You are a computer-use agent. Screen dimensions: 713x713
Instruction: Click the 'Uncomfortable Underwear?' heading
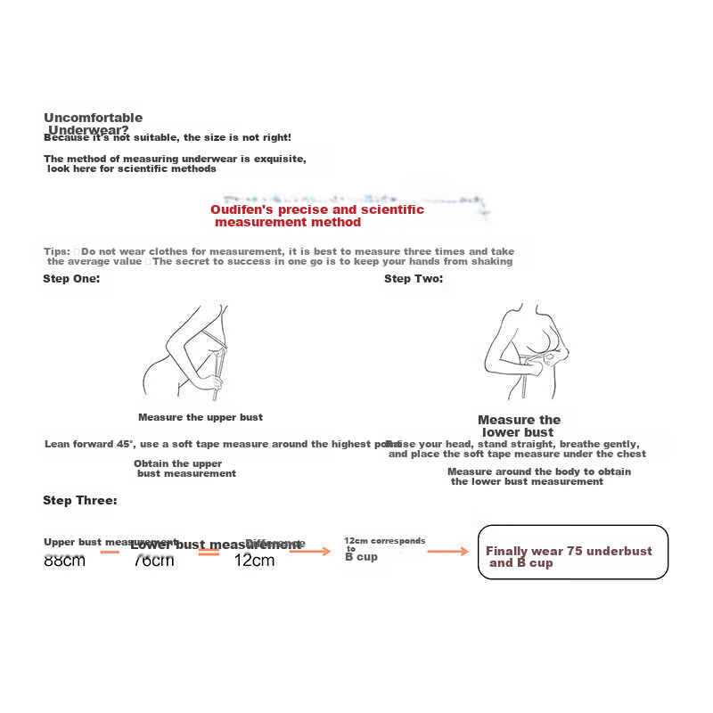(92, 123)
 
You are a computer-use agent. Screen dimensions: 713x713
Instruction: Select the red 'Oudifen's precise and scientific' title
(316, 210)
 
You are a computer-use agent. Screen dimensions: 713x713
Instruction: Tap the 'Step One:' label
(71, 279)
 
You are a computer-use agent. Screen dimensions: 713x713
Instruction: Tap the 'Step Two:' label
(414, 279)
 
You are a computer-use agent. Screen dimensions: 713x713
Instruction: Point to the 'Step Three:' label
(80, 501)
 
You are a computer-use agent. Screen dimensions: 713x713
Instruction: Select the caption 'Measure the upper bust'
(201, 417)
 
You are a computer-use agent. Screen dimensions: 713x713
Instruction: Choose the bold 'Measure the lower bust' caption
(520, 426)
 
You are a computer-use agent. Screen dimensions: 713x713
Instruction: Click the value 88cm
(64, 561)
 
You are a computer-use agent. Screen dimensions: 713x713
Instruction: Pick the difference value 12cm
(254, 561)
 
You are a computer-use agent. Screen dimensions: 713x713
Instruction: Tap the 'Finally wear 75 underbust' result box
(573, 553)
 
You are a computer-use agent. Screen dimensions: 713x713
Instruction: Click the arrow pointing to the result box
(447, 552)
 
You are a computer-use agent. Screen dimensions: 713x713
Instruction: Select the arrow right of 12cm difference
(310, 552)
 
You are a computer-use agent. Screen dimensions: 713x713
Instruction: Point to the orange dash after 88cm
(110, 553)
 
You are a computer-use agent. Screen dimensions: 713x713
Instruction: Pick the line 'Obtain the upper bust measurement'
(184, 469)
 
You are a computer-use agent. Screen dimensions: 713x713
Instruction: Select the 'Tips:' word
(56, 251)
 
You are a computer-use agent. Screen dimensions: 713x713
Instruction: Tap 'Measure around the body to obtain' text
(538, 471)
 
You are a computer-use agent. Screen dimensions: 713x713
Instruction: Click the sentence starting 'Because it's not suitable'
(168, 137)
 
